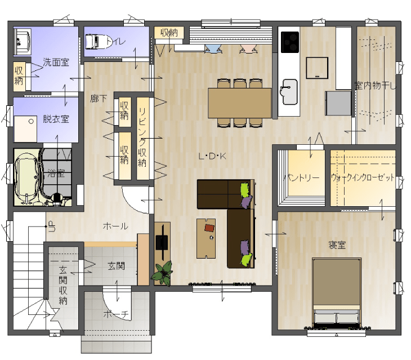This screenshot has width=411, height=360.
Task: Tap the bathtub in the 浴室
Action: pyautogui.click(x=27, y=176)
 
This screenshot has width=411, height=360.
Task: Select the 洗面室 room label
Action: pyautogui.click(x=56, y=63)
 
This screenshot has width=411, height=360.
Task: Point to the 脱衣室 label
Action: pyautogui.click(x=56, y=119)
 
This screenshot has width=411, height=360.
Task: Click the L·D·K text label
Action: pyautogui.click(x=212, y=157)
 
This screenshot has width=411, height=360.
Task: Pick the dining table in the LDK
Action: pyautogui.click(x=240, y=103)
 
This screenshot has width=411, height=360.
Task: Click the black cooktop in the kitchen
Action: pyautogui.click(x=290, y=42)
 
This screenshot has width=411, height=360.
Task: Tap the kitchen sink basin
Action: pyautogui.click(x=289, y=92)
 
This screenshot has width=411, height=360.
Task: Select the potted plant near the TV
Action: pyautogui.click(x=162, y=273)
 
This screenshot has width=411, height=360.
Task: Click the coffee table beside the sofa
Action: pyautogui.click(x=206, y=238)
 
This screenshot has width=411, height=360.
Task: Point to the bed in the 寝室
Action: pyautogui.click(x=337, y=292)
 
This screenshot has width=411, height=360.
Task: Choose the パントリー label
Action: pyautogui.click(x=302, y=178)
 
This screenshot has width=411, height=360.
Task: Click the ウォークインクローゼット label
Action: pyautogui.click(x=363, y=177)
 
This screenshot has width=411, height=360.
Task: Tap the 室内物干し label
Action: pyautogui.click(x=376, y=86)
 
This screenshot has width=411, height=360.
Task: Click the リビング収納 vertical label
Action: pyautogui.click(x=142, y=137)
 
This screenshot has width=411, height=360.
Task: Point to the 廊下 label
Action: pyautogui.click(x=99, y=99)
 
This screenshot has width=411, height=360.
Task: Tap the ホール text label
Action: pyautogui.click(x=115, y=226)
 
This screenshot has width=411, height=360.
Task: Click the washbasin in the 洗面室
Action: pyautogui.click(x=23, y=42)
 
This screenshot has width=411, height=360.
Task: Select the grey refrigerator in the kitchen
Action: pyautogui.click(x=338, y=103)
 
